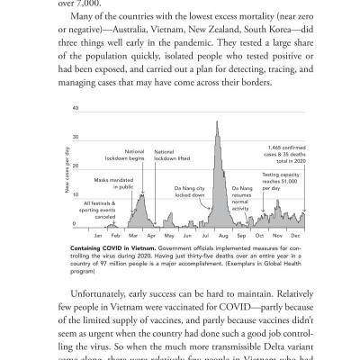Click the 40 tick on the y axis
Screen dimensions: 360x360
point(76,109)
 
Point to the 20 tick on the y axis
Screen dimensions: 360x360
point(76,166)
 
